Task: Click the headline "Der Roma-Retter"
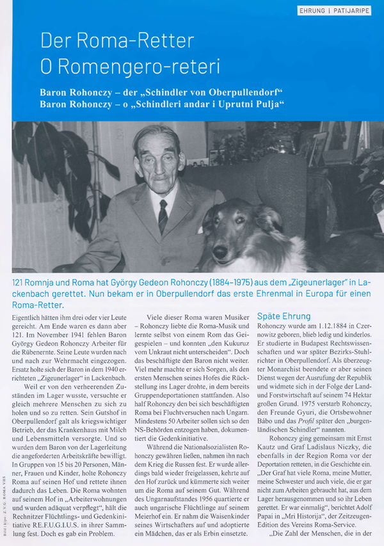coord(117,42)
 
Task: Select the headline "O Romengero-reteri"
coord(131,65)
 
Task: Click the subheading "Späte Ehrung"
coord(284,316)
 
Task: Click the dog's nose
coord(236,250)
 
